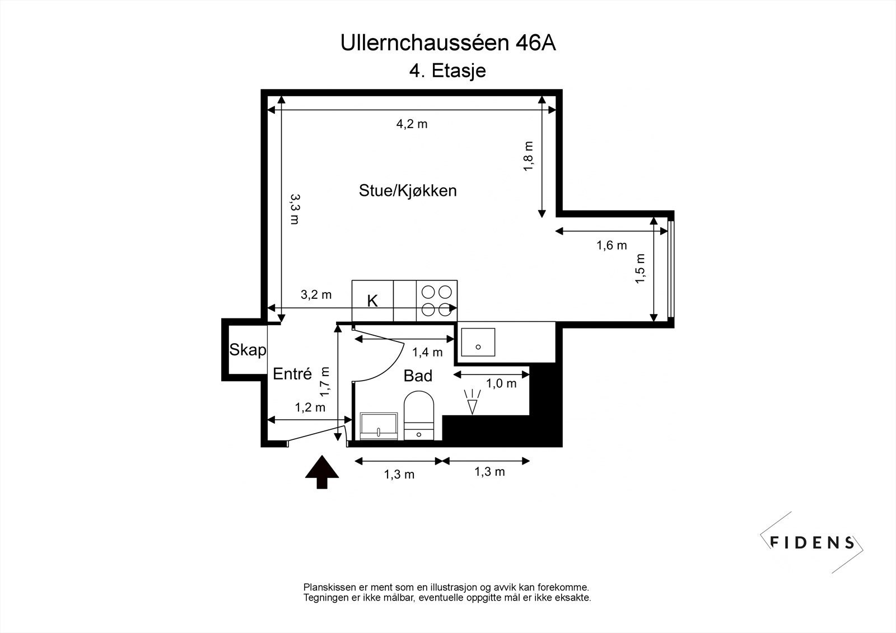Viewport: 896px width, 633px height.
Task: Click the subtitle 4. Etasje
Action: point(447,71)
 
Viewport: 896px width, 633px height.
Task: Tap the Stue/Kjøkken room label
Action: point(408,191)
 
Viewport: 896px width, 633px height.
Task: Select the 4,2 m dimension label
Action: point(412,124)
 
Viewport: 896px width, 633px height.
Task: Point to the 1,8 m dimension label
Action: point(529,157)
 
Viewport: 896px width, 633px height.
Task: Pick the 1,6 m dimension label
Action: point(612,245)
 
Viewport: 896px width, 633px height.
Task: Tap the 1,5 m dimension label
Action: point(640,269)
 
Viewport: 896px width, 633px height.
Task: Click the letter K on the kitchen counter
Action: point(372,301)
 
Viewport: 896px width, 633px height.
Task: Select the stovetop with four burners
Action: point(437,301)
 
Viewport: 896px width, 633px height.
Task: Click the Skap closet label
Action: point(248,350)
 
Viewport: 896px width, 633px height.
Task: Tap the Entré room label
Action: point(292,374)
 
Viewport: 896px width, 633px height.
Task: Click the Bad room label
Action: point(418,376)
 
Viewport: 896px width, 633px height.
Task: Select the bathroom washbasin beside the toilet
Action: point(379,426)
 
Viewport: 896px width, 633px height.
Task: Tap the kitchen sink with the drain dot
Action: point(478,343)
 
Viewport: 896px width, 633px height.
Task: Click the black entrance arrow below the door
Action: point(322,472)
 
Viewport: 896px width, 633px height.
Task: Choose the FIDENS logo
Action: point(812,542)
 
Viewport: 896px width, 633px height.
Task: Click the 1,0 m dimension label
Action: point(501,384)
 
